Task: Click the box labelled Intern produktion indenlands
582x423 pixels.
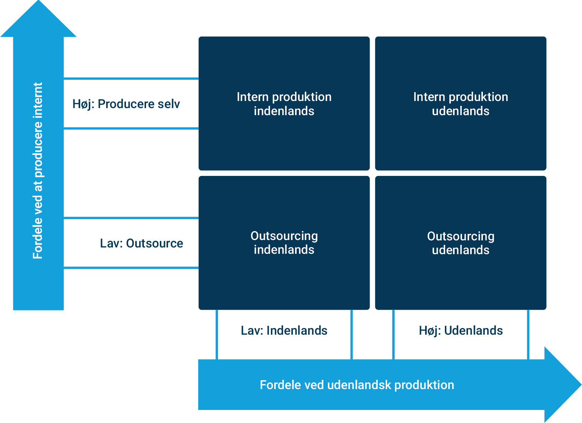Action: click(284, 103)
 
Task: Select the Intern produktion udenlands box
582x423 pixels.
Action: click(461, 103)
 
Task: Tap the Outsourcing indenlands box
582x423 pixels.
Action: click(284, 243)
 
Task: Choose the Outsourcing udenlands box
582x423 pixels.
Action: click(461, 243)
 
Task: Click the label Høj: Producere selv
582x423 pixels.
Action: click(126, 104)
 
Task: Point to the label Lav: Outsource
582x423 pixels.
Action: click(142, 243)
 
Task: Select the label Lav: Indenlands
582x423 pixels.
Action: click(284, 331)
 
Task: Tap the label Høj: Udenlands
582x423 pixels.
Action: click(461, 331)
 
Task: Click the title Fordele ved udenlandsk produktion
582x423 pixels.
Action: click(357, 385)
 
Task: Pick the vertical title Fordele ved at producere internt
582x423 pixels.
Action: click(38, 170)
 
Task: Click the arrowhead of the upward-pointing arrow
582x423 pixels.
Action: click(38, 19)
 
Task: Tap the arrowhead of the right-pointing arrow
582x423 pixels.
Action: click(563, 385)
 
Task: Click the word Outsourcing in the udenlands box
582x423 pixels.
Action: click(461, 236)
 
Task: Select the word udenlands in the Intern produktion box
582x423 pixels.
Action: click(461, 111)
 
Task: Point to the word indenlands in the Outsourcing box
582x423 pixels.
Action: click(284, 250)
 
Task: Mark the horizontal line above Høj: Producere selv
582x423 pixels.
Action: click(131, 79)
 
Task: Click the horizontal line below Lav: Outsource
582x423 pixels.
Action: click(131, 268)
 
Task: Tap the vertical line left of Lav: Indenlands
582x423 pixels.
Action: click(217, 335)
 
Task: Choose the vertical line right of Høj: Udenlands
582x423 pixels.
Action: click(528, 335)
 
